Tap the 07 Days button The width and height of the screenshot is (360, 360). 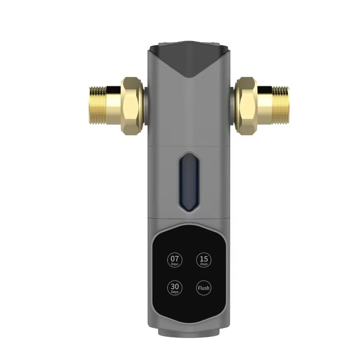pos(174,260)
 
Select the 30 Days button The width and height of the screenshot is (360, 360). pos(174,288)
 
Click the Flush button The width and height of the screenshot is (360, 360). pos(204,288)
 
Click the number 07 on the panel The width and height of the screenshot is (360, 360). pos(174,258)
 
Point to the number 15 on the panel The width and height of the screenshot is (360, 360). pos(204,258)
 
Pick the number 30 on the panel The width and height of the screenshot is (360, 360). pos(174,286)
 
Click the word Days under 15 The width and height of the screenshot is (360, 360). pos(204,264)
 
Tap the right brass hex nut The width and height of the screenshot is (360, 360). pos(246,105)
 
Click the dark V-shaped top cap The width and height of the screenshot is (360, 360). pos(189,60)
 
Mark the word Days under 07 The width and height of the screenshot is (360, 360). pos(174,264)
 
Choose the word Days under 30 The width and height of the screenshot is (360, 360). pos(174,292)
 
